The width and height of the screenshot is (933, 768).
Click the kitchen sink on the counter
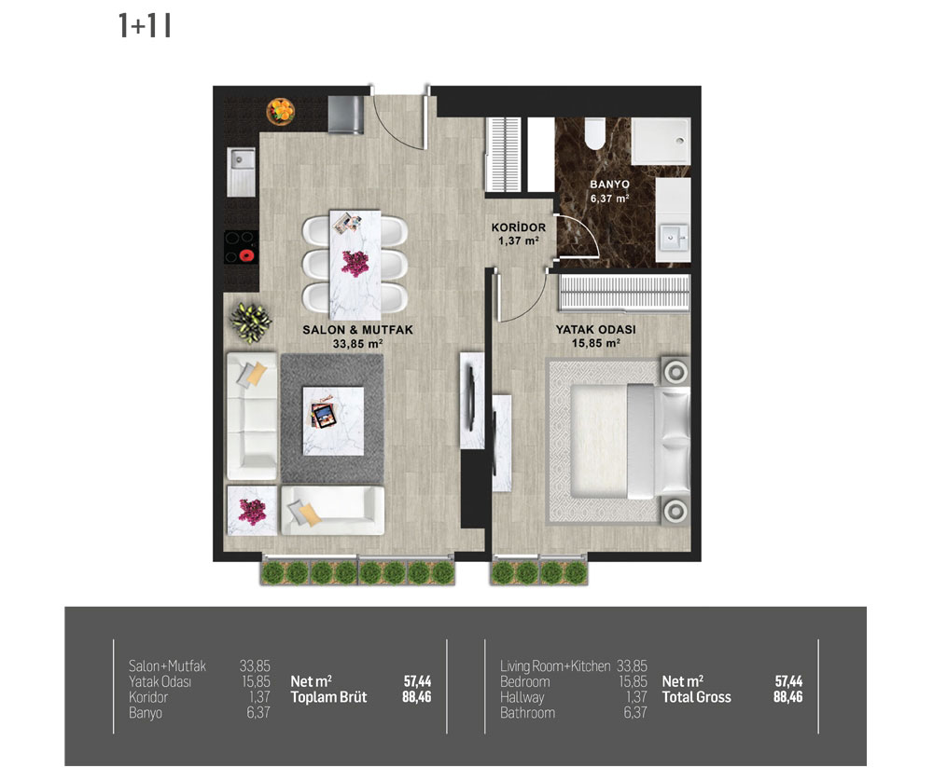pos(242,171)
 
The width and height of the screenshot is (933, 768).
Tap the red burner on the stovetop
pos(246,255)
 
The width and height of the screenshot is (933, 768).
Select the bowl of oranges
pos(281,111)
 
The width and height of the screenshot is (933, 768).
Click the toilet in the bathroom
pos(594,133)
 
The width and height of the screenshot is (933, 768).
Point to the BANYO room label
pos(609,185)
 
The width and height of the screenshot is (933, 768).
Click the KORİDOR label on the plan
pos(518,227)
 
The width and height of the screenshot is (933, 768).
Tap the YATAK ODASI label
pos(595,329)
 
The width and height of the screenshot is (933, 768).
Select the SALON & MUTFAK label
pos(357,330)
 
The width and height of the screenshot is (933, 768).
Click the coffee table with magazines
pos(333,421)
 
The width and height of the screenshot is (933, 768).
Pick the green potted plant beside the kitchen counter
pos(250,322)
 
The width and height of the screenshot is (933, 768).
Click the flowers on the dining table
pos(355,264)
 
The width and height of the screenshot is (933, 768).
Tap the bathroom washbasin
pos(674,239)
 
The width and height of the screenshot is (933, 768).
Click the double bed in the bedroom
pos(630,441)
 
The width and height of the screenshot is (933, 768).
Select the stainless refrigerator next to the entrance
pos(346,116)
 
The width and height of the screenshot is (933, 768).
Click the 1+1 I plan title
pos(145,26)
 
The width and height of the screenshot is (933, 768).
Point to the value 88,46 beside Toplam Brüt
pos(416,696)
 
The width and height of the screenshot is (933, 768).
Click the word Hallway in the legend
pos(522,696)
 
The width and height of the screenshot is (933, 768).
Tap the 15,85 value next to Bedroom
pos(633,681)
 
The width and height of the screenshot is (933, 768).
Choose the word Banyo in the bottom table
pos(146,712)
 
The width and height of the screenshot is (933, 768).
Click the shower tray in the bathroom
pos(661,141)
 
